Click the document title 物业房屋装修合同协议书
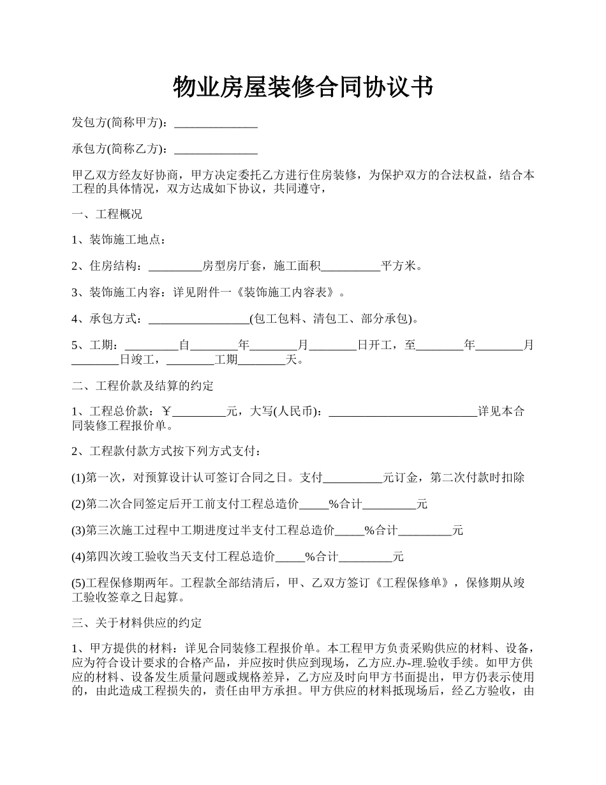303,87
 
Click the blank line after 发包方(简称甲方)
216,123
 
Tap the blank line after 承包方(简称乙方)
216,150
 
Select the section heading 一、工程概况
107,214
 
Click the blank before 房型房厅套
174,266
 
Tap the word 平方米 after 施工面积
401,266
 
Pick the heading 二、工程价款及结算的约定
143,386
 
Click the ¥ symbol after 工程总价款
168,412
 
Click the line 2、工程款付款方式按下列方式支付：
166,452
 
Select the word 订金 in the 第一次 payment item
405,478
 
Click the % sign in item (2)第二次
334,504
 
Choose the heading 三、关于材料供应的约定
137,623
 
